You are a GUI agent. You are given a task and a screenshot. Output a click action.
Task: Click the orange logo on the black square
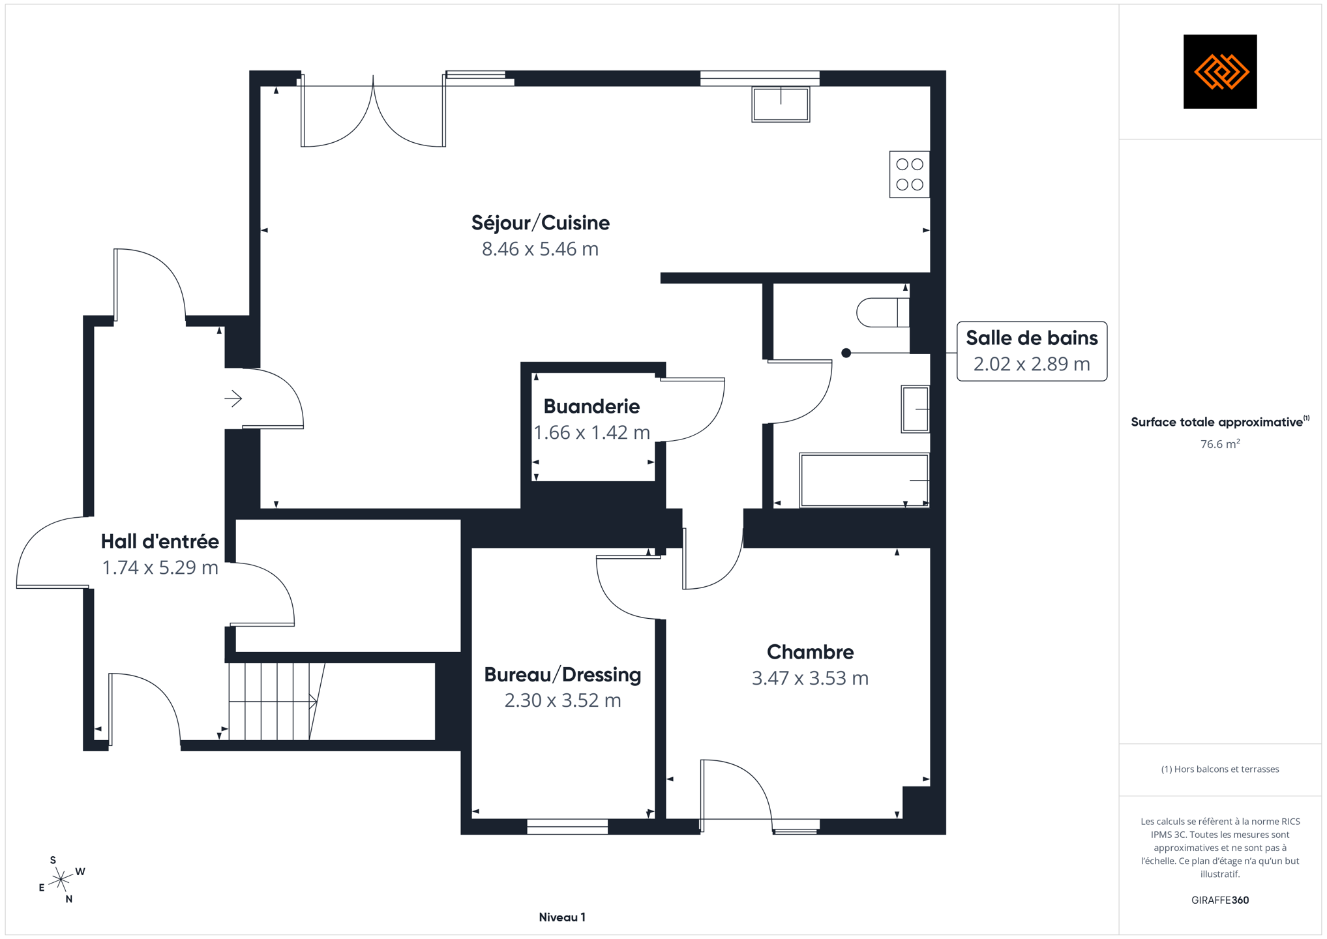(1221, 72)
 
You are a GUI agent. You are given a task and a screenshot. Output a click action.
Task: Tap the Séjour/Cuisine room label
(541, 223)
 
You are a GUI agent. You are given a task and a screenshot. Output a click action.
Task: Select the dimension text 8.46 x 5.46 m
(540, 249)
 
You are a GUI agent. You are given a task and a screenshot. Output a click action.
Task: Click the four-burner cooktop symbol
(910, 174)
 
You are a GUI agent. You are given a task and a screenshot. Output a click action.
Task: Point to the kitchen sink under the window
(781, 104)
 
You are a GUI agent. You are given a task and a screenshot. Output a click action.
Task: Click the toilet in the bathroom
(883, 312)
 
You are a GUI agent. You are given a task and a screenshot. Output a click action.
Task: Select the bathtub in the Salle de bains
(864, 480)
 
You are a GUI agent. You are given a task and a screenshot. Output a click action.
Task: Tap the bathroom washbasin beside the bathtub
(916, 409)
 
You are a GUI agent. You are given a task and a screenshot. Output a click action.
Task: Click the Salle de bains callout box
(1032, 351)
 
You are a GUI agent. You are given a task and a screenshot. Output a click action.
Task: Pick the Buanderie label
(591, 406)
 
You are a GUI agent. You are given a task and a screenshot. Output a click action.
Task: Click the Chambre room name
(810, 652)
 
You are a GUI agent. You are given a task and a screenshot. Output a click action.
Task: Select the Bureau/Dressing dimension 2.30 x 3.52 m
(563, 700)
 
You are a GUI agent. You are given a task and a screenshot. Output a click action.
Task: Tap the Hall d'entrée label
(160, 541)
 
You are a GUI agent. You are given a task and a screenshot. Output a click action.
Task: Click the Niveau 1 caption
(562, 917)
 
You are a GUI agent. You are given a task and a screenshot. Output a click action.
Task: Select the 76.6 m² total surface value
(1220, 444)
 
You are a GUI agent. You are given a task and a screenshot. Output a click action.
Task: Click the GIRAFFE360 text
(1220, 900)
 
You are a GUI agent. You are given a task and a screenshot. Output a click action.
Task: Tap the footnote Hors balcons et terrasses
(1220, 769)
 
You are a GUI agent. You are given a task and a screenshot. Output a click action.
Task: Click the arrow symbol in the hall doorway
(233, 398)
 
